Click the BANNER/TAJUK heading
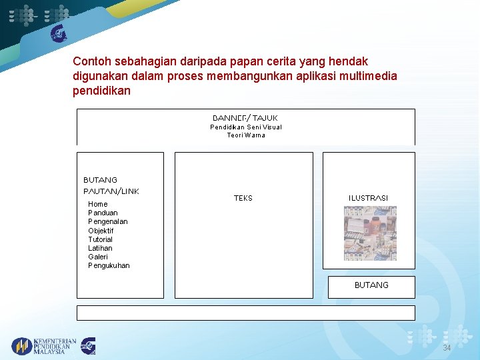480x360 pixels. tap(245, 118)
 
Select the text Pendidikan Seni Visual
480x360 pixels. tap(246, 127)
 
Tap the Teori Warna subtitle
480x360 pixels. tap(246, 135)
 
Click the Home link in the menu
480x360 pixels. tap(97, 204)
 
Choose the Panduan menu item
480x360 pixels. tap(103, 213)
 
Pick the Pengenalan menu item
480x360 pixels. tap(108, 221)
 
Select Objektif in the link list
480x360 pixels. tap(101, 231)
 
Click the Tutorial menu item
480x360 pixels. tap(100, 239)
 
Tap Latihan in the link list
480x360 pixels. tap(100, 248)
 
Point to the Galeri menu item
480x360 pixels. tap(98, 257)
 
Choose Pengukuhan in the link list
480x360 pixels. tap(109, 265)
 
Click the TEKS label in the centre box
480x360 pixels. tap(243, 199)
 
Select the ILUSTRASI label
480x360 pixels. tap(368, 199)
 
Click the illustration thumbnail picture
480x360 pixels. tap(370, 233)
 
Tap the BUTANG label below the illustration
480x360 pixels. tap(371, 285)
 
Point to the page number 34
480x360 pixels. tap(447, 349)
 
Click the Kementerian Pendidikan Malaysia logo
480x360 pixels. tap(44, 346)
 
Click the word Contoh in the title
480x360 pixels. tap(91, 61)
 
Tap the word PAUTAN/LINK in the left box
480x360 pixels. tap(111, 191)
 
